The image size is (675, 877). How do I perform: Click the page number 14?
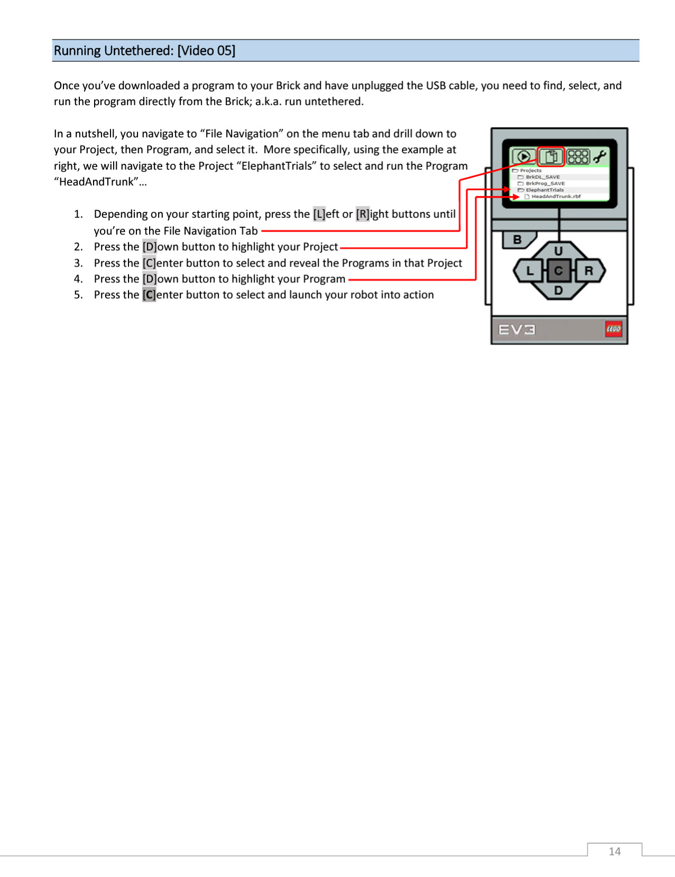pos(615,851)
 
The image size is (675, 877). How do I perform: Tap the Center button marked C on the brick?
pos(558,271)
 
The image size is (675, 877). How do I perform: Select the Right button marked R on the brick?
pos(589,271)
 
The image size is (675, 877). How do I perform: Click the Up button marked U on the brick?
pos(558,251)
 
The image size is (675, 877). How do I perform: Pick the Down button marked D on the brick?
pos(558,290)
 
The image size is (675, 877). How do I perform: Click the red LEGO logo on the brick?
pos(614,329)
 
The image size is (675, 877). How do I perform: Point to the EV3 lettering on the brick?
pos(517,330)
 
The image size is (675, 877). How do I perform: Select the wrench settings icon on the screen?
pos(600,156)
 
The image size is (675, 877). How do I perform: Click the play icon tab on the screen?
pos(524,156)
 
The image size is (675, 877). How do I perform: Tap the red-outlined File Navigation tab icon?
pos(551,156)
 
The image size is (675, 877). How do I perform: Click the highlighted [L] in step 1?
pos(319,214)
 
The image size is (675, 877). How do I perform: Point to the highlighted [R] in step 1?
pos(363,214)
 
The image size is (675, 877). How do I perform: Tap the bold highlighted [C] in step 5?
pos(149,294)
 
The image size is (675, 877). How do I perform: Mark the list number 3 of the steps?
pos(78,263)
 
